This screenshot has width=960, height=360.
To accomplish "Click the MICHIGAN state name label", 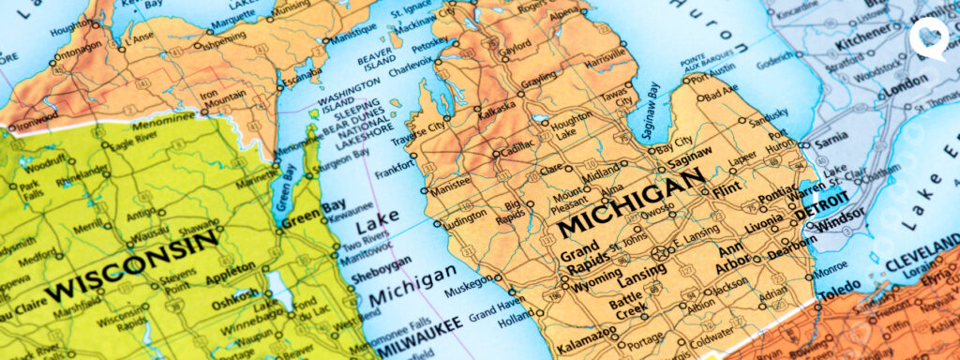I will [x=630, y=201].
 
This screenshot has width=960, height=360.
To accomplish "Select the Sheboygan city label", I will [x=381, y=263].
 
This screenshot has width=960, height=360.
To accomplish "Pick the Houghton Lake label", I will [x=571, y=127].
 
